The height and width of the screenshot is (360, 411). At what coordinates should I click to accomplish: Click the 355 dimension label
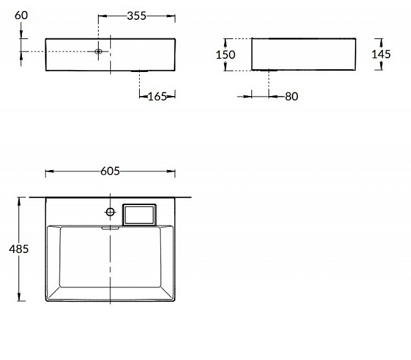137,16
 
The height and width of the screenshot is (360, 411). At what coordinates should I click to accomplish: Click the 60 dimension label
23,14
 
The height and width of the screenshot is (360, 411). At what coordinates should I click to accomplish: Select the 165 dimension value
158,97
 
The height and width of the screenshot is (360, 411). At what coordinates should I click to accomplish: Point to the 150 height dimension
226,55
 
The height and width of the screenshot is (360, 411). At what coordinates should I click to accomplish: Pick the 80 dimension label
291,97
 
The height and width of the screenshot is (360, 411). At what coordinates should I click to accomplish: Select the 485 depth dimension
18,250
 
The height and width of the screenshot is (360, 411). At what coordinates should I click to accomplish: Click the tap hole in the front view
99,51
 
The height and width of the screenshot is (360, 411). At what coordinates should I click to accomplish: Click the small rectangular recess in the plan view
139,215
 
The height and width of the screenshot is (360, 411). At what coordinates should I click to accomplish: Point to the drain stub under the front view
140,71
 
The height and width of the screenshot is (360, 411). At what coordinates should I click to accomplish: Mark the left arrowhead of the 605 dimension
48,171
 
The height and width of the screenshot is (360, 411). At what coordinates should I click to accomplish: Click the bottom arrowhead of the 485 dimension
19,299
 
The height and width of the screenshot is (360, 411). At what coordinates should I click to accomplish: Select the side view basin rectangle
304,54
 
